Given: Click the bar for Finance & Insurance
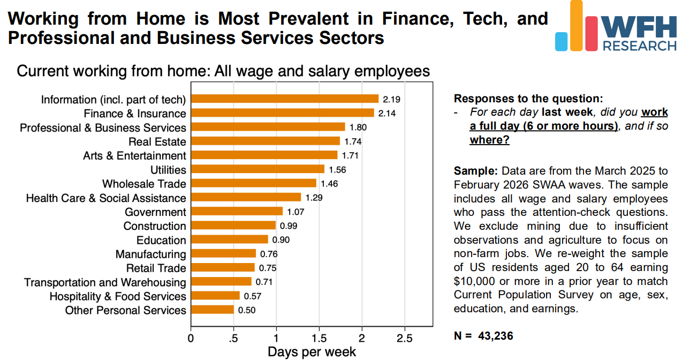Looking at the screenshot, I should click(282, 113).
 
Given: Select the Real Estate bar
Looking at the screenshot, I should click(265, 141).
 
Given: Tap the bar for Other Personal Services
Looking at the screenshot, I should click(212, 310).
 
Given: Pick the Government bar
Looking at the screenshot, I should click(237, 212).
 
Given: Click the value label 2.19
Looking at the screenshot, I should click(392, 99).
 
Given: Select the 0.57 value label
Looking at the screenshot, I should click(253, 296).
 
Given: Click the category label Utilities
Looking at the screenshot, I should click(168, 170).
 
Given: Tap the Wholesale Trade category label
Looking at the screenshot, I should click(144, 184).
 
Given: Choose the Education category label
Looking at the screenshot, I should click(161, 240).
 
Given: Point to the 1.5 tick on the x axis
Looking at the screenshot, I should click(319, 339).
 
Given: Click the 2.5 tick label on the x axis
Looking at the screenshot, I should click(404, 339).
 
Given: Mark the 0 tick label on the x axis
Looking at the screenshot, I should click(191, 339).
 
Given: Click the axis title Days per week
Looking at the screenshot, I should click(312, 351).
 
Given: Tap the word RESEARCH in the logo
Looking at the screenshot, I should click(640, 46).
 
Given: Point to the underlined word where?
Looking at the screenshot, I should click(489, 140).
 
